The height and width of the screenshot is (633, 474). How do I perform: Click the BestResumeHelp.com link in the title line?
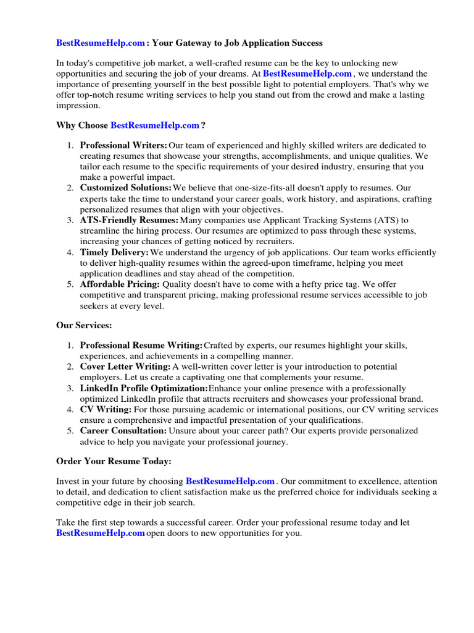click(101, 43)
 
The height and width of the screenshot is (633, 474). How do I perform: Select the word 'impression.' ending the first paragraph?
click(78, 105)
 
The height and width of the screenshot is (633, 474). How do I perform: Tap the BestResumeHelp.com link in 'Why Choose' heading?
click(154, 125)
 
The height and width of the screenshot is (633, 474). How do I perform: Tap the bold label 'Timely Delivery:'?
click(114, 252)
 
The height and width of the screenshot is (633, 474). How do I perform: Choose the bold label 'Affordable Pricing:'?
click(120, 284)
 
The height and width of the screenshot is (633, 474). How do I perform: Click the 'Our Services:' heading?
click(84, 325)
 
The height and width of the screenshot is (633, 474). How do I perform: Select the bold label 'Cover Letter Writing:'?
click(125, 367)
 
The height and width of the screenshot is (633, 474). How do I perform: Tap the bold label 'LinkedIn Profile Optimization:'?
click(144, 388)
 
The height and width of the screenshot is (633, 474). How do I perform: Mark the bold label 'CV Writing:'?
click(106, 409)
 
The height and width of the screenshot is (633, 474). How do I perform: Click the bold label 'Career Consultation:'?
click(123, 430)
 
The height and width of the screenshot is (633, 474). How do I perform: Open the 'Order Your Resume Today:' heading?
click(114, 461)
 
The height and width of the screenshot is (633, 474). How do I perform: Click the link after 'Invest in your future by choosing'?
click(230, 481)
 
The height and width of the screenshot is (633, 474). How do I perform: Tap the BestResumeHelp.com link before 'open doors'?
click(101, 533)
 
